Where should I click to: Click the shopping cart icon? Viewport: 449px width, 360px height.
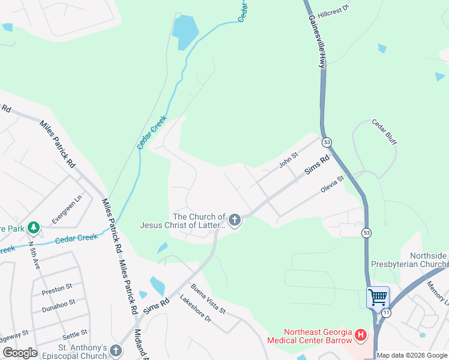coord(378,297)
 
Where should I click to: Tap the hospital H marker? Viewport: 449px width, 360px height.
coord(361,334)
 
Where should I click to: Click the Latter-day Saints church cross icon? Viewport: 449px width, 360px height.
coord(234,221)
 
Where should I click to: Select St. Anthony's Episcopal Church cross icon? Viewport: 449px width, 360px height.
coord(116,350)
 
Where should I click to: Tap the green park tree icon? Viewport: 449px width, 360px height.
coord(34,227)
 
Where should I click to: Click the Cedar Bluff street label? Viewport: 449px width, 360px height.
coord(384,132)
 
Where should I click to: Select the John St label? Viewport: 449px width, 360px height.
coord(288,160)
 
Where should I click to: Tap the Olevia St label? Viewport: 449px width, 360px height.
coord(332,183)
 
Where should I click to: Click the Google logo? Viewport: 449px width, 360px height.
coord(20,352)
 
